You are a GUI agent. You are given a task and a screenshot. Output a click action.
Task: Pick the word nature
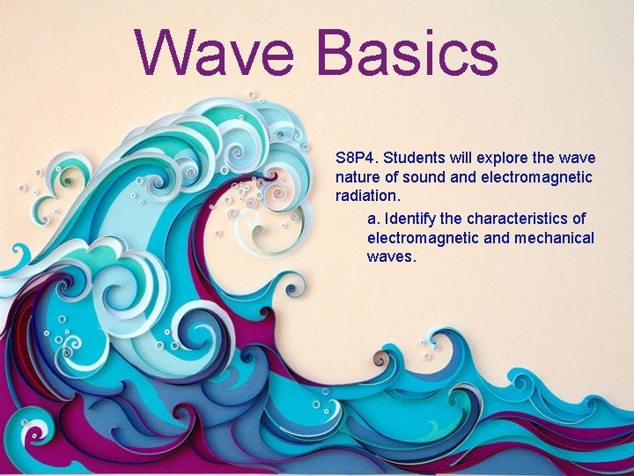(x=358, y=178)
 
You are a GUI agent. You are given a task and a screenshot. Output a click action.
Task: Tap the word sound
(x=423, y=178)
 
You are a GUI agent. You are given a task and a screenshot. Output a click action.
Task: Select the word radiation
(x=365, y=197)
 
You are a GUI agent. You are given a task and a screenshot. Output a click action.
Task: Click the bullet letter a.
(x=372, y=218)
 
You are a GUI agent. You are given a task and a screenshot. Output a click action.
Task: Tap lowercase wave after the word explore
(x=578, y=159)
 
